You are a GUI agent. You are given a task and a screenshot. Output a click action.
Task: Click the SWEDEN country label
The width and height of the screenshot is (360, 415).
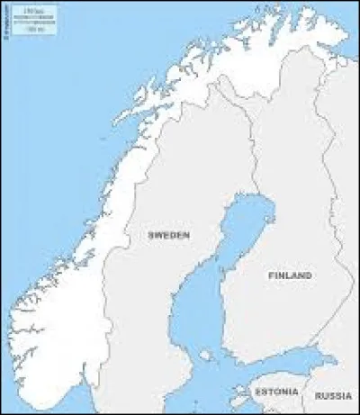click(168, 235)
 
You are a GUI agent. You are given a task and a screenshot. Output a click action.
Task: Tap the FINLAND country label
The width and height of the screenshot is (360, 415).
click(289, 275)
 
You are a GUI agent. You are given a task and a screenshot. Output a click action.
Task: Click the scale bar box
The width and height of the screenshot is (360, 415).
click(35, 19)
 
